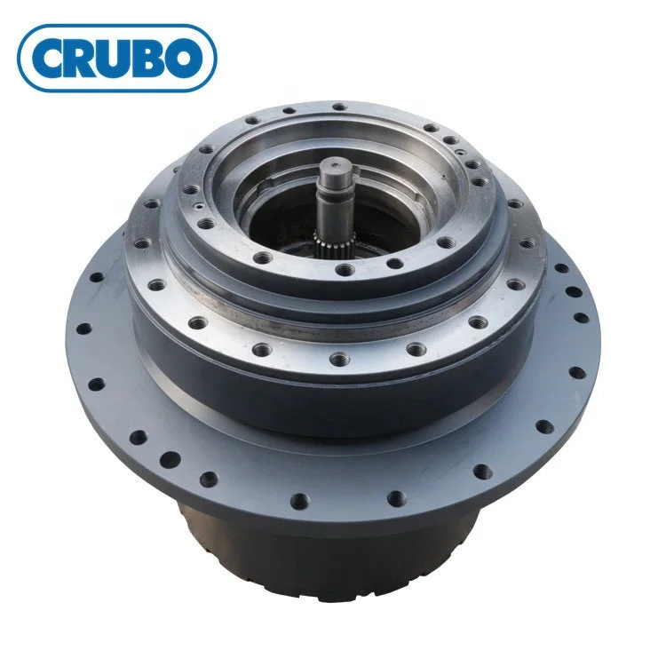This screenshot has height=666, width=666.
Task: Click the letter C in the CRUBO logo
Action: click(51, 59)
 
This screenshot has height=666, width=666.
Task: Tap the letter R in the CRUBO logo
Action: click(86, 59)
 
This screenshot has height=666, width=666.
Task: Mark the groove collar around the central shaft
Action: click(334, 196)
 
